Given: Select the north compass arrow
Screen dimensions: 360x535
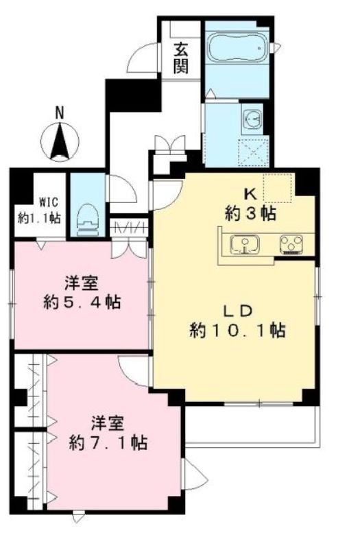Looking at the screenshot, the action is [60, 141].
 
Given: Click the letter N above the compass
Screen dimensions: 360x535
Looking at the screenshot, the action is [60, 112].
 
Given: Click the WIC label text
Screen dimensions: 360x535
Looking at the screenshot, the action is [49, 202].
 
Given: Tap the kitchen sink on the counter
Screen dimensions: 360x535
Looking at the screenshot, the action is [245, 244].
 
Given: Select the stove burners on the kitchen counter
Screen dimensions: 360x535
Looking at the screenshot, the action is [291, 245].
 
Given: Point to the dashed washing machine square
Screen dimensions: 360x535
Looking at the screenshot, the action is [253, 152].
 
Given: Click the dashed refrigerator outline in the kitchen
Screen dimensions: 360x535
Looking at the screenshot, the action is [278, 188].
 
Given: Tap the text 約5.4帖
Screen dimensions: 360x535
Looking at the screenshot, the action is [82, 302].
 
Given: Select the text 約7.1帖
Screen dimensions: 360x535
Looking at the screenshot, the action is [108, 443].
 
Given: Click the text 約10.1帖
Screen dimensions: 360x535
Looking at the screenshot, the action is [237, 331].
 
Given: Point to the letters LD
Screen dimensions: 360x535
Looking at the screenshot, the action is [237, 311].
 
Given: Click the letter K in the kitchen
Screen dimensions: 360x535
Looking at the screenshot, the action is [250, 195].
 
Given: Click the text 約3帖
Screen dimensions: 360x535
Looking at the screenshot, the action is [250, 214].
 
